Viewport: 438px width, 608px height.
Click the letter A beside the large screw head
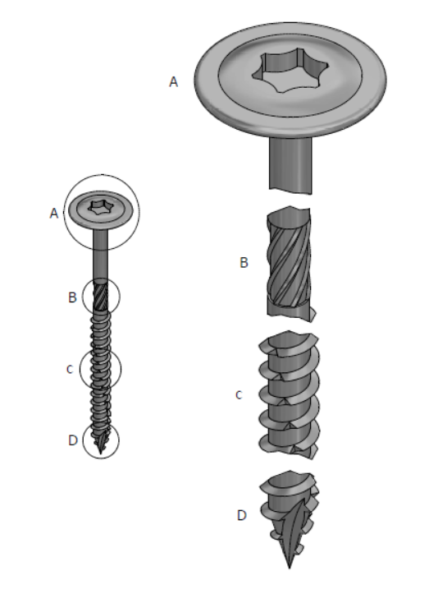[x=173, y=82]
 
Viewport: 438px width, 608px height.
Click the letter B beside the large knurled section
[x=243, y=264]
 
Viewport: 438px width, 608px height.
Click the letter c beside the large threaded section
[x=239, y=395]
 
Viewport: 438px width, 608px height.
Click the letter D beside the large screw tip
[x=241, y=516]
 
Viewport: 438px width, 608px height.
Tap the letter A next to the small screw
[x=54, y=214]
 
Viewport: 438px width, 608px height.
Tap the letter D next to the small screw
[x=72, y=440]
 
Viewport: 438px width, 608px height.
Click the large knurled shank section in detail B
[x=288, y=264]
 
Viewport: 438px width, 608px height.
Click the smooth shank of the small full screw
[x=101, y=259]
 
